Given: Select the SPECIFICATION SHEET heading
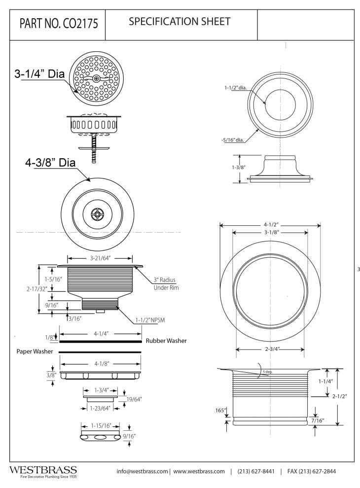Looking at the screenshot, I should tap(180, 22).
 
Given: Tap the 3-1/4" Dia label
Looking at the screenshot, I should tap(40, 75).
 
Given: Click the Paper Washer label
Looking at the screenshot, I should tap(31, 351).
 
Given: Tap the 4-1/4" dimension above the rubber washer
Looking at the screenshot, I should tap(101, 334).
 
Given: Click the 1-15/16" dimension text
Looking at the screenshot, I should tap(101, 425).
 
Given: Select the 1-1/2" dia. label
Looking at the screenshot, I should tap(234, 88).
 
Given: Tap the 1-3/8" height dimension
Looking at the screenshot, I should tap(238, 168).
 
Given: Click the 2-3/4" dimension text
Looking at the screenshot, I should tap(270, 349).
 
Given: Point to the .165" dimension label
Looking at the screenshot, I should tap(220, 410).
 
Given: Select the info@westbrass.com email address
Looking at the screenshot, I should tap(142, 472).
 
